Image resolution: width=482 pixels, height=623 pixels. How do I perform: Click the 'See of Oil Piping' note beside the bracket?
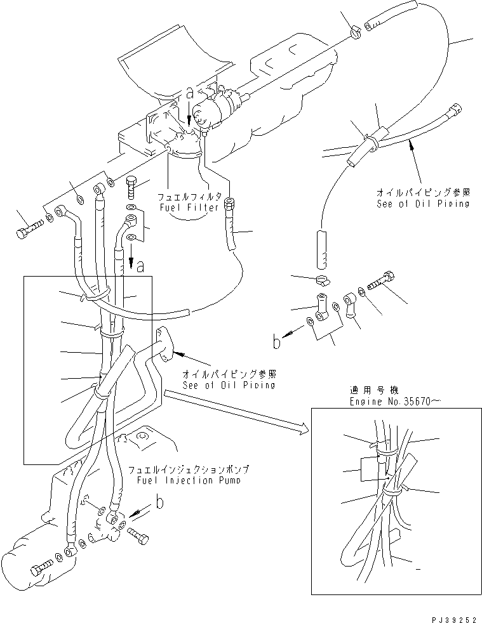tap(229, 385)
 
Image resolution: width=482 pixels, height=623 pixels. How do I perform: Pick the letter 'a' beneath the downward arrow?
tap(140, 267)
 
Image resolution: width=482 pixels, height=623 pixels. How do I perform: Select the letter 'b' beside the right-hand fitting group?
tap(276, 343)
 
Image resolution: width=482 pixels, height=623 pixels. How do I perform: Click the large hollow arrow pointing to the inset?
tap(235, 412)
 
